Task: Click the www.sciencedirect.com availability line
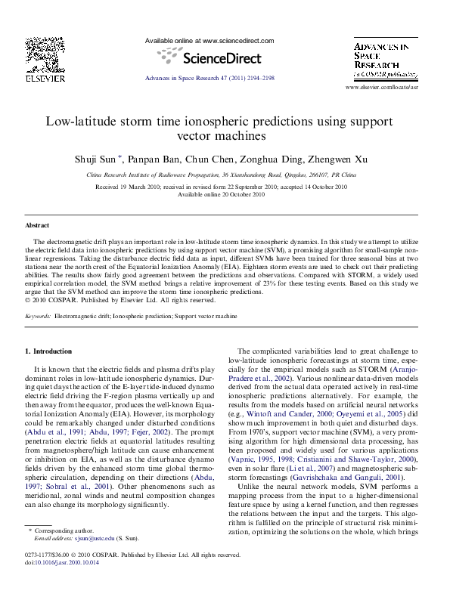(x=209, y=41)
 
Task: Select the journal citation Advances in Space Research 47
(x=209, y=79)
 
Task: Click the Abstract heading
(x=37, y=226)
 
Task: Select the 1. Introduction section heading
(x=49, y=351)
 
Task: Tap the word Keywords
(x=38, y=316)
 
